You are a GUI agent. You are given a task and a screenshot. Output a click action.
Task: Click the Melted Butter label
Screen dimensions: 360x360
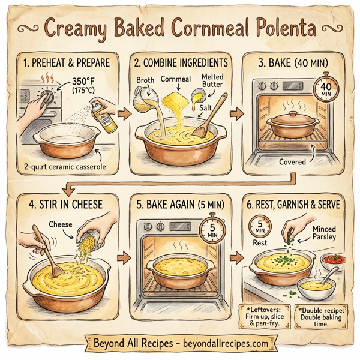212,82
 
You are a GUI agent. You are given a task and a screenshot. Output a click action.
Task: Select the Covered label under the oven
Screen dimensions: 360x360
293,161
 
